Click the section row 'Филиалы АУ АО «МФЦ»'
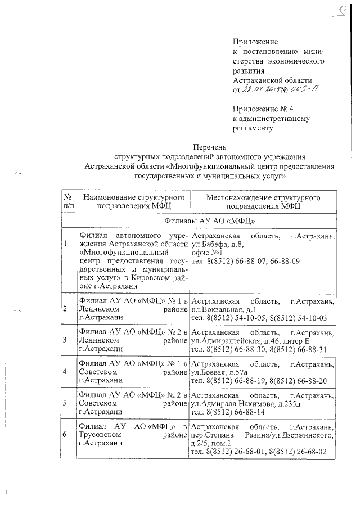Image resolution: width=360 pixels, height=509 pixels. [x=200, y=220]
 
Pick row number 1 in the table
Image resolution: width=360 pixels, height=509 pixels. [x=66, y=244]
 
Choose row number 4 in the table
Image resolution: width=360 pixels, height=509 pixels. [x=66, y=372]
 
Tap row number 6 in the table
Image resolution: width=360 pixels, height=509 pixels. [x=66, y=435]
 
